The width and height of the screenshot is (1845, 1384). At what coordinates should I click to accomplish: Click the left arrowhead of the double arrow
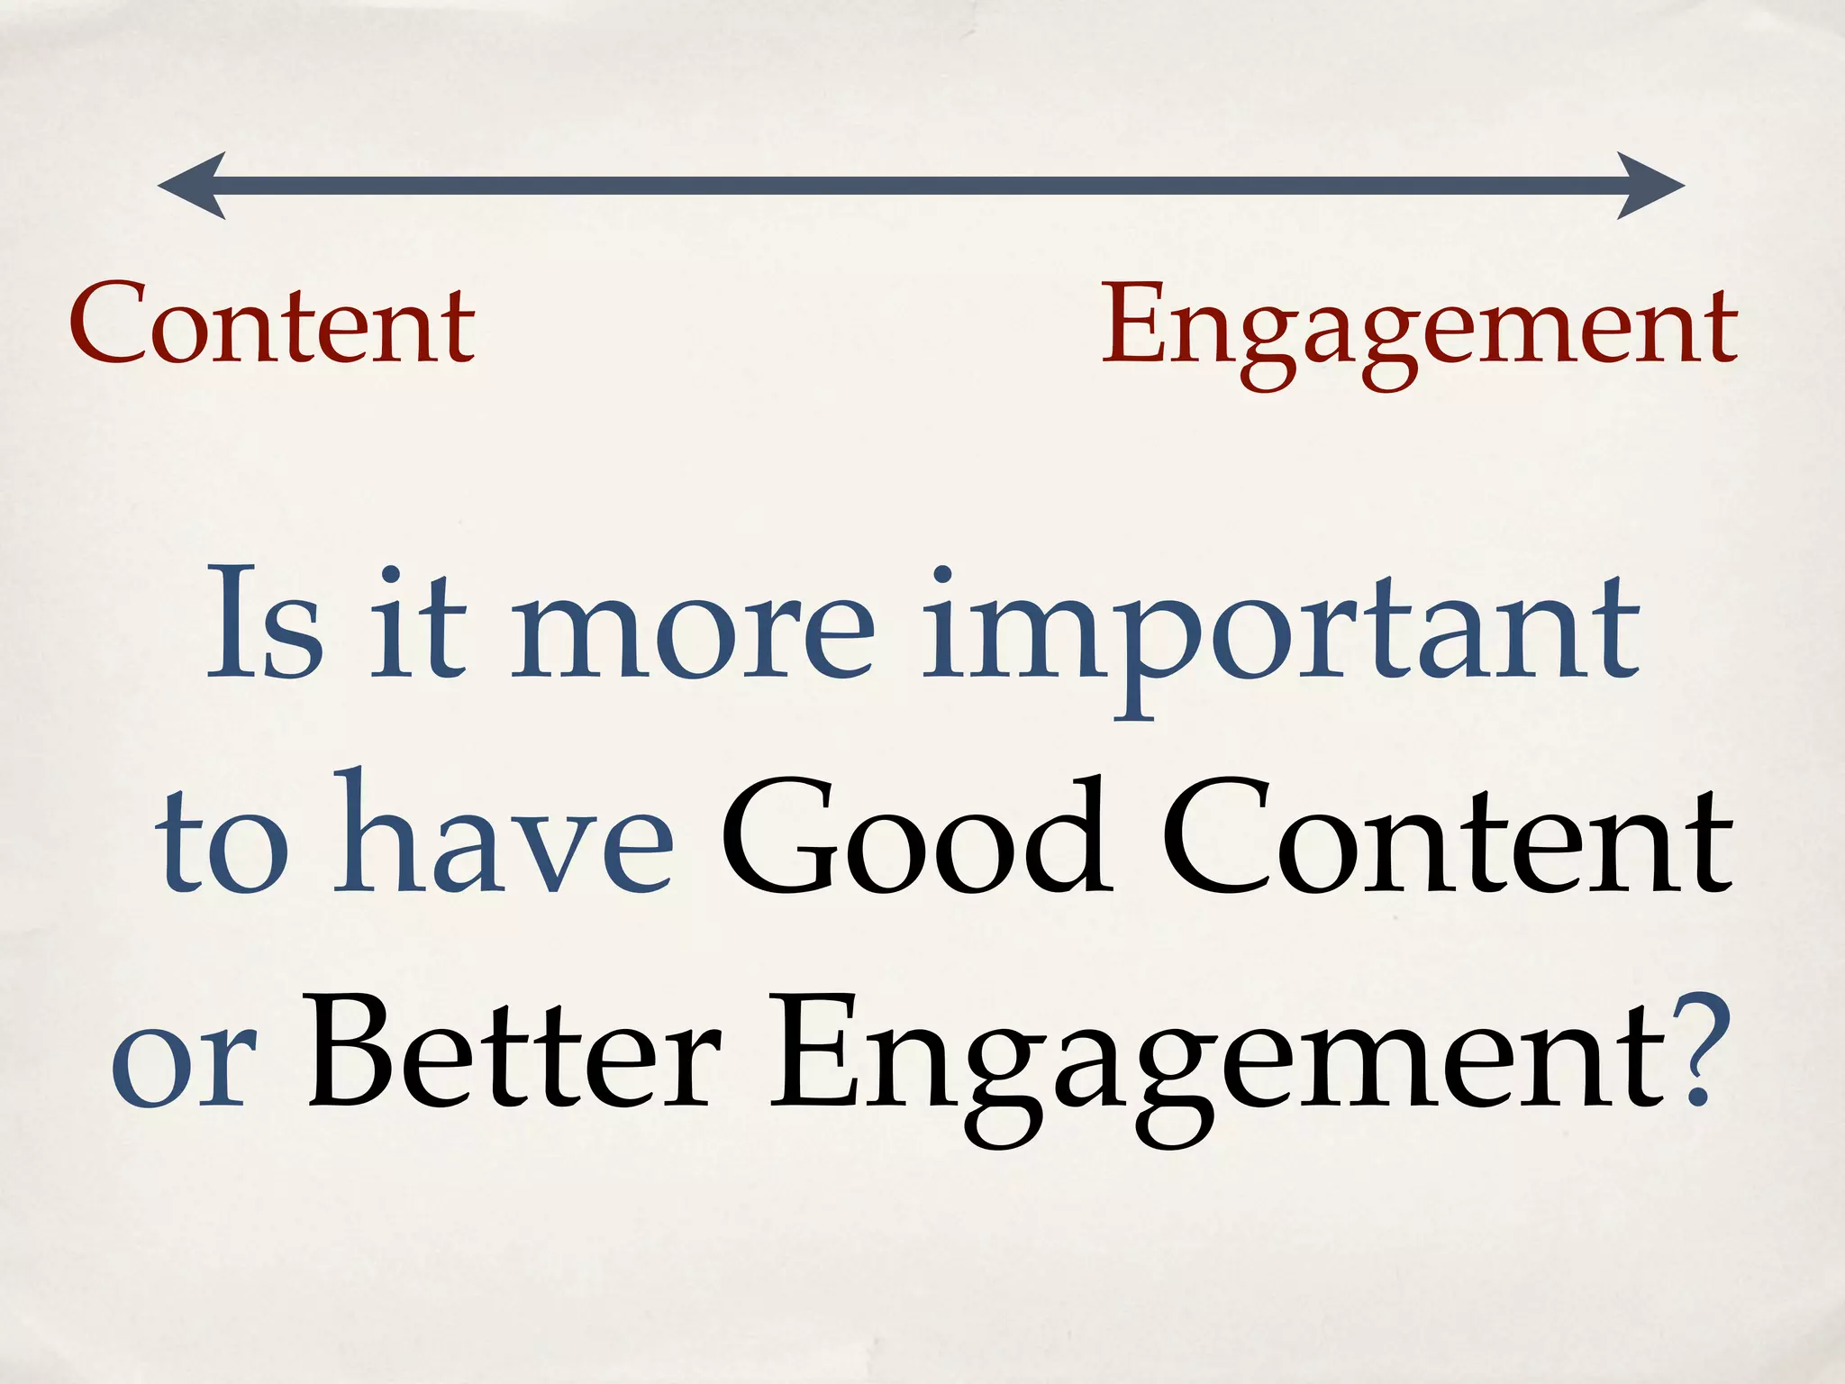[x=194, y=186]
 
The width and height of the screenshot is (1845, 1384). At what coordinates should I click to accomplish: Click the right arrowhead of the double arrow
[x=1649, y=186]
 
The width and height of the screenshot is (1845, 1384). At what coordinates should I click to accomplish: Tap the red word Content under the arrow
[x=272, y=324]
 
